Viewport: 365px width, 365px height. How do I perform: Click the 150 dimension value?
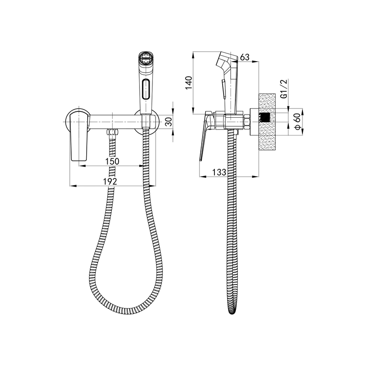click(112, 161)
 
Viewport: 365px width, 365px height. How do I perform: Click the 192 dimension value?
click(110, 181)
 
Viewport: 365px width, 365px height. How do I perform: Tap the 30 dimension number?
click(169, 121)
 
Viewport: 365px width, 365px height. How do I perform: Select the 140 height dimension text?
click(188, 83)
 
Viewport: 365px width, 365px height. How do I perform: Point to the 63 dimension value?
click(245, 57)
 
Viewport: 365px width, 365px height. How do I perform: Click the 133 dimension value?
click(219, 172)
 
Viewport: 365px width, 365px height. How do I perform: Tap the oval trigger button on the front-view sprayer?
click(146, 89)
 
